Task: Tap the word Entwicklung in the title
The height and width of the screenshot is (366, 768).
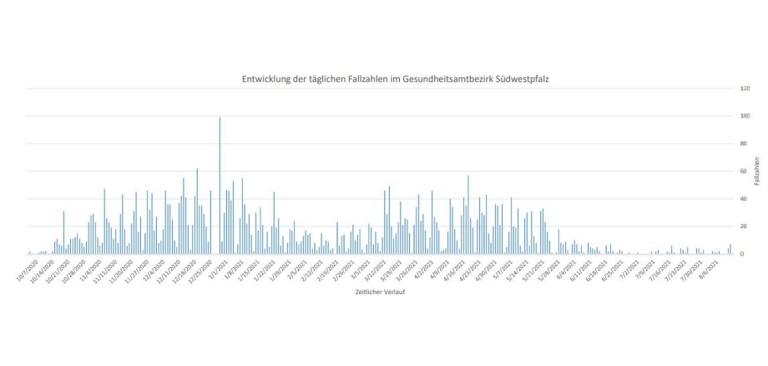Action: [268, 78]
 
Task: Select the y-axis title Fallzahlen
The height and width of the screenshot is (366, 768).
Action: [756, 170]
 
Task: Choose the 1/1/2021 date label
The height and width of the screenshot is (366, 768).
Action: [214, 267]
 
